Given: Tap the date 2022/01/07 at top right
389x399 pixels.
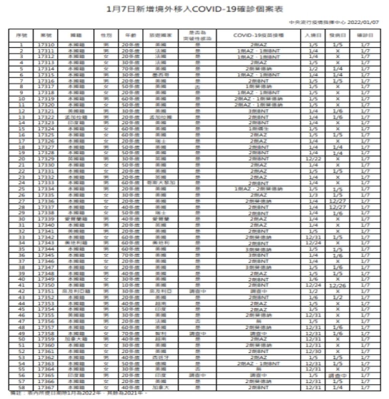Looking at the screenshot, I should click(x=366, y=22).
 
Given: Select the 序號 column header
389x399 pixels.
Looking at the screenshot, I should click(x=21, y=36).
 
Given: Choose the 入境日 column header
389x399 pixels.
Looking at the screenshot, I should click(x=313, y=36).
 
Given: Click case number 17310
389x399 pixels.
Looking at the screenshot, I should click(x=45, y=45).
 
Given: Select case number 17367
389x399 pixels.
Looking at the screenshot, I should click(x=45, y=388).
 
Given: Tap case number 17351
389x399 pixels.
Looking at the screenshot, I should click(x=45, y=291).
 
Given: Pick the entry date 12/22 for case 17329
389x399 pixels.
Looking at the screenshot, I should click(x=313, y=159).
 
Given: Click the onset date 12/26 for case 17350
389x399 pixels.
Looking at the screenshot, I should click(x=338, y=285).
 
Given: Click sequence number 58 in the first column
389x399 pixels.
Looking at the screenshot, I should click(x=21, y=388).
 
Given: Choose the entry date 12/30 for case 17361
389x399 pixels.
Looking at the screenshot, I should click(x=313, y=352).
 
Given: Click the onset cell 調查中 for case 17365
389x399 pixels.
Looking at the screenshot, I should click(x=338, y=376).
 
